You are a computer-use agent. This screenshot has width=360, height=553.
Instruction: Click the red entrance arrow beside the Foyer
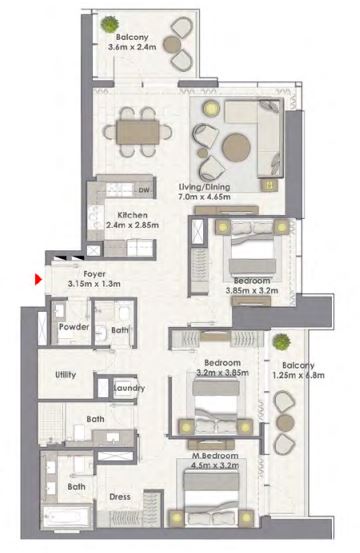click(x=38, y=279)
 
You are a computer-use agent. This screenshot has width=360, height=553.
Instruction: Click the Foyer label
click(x=94, y=273)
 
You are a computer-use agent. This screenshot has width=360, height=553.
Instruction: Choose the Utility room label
click(x=68, y=375)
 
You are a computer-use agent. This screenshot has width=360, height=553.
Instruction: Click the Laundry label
click(x=130, y=388)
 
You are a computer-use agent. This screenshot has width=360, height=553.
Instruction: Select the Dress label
click(x=119, y=496)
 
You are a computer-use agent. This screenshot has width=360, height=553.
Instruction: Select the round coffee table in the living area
click(x=238, y=148)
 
